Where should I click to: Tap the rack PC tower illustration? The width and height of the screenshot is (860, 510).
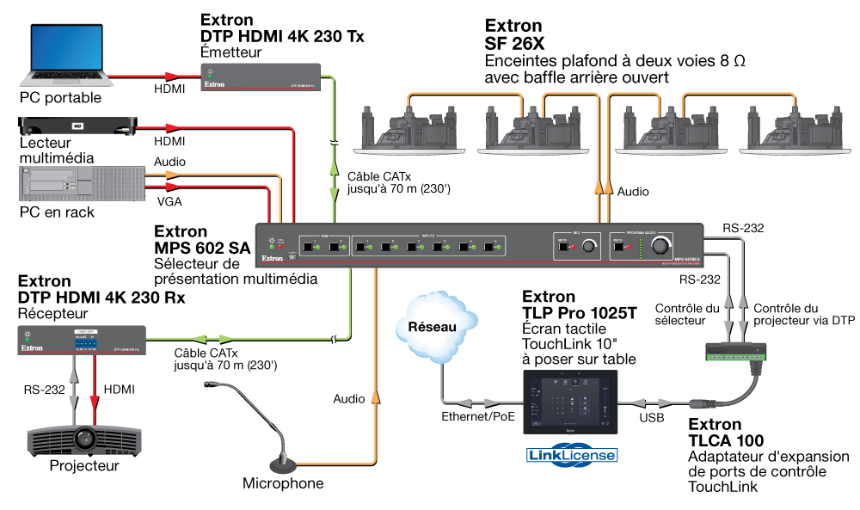tap(57, 183)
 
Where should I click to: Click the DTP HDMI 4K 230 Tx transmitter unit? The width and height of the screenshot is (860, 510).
tap(261, 77)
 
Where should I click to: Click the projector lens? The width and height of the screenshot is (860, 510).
tap(83, 438)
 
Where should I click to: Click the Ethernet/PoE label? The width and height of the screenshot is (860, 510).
tap(479, 416)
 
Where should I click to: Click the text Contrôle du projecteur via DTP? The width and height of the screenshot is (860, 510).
tap(804, 314)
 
